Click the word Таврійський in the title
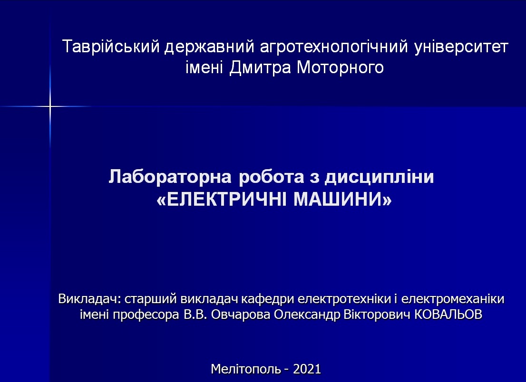(x=111, y=46)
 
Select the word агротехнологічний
(x=334, y=47)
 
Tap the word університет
(x=461, y=47)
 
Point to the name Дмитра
(x=260, y=67)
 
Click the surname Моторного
(x=340, y=67)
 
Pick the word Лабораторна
(x=170, y=177)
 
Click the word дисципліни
(x=379, y=177)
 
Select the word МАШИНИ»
(x=342, y=200)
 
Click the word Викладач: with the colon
(x=89, y=298)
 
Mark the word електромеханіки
(x=453, y=298)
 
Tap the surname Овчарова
(x=241, y=315)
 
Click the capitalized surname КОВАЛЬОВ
(x=448, y=315)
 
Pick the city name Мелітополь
(x=246, y=369)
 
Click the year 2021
(x=307, y=369)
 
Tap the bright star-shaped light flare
(x=50, y=106)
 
